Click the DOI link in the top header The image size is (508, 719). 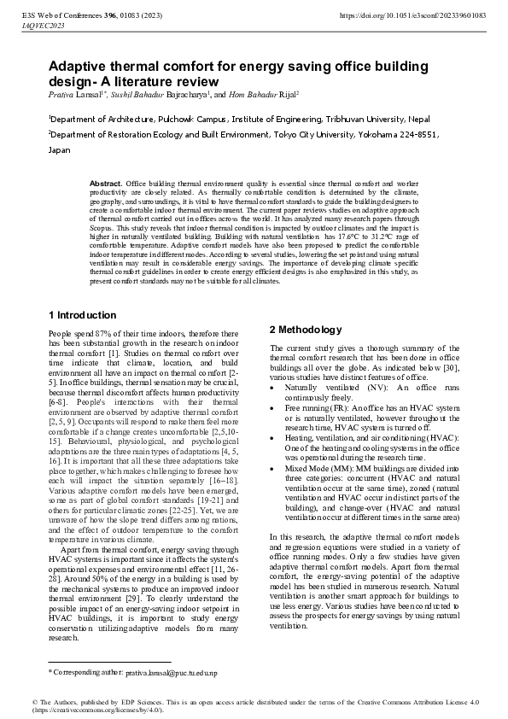[x=414, y=16]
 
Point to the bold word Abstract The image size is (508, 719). [x=106, y=184]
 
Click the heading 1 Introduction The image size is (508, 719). [x=82, y=315]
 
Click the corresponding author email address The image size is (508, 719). [x=172, y=674]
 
